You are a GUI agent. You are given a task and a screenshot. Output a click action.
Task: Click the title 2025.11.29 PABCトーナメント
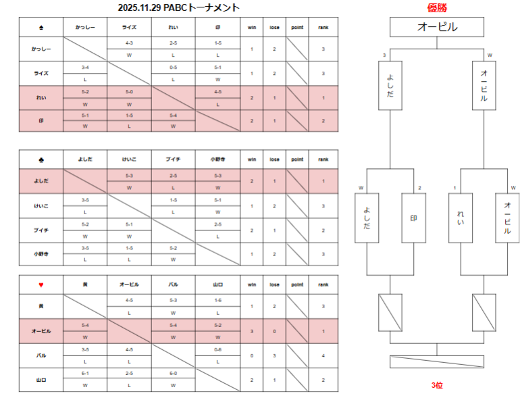pyautogui.click(x=178, y=7)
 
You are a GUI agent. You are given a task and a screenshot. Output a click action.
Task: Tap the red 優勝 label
pyautogui.click(x=437, y=7)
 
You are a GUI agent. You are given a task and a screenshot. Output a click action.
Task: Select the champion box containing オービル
pyautogui.click(x=437, y=27)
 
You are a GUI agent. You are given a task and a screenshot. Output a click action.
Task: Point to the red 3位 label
pyautogui.click(x=437, y=384)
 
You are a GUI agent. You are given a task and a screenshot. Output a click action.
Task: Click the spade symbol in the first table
pyautogui.click(x=41, y=28)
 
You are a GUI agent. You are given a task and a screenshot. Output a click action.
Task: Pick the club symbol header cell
pyautogui.click(x=41, y=159)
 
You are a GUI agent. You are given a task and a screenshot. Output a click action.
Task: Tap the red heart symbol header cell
pyautogui.click(x=41, y=284)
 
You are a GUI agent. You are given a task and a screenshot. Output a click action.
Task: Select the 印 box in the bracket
pyautogui.click(x=413, y=218)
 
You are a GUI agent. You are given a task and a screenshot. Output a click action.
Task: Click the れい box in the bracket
pyautogui.click(x=461, y=218)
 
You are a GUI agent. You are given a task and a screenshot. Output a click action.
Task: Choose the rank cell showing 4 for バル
pyautogui.click(x=323, y=355)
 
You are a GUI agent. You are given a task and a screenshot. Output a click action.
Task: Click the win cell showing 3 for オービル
pyautogui.click(x=252, y=331)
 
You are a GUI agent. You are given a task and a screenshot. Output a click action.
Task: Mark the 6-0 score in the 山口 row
pyautogui.click(x=174, y=373)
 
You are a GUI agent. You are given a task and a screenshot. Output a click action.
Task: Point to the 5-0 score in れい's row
pyautogui.click(x=129, y=91)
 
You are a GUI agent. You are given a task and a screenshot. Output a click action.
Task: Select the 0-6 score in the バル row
pyautogui.click(x=217, y=349)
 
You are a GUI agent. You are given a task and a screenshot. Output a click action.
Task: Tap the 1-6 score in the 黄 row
pyautogui.click(x=217, y=300)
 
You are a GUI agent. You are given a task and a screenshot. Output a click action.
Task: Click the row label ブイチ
pyautogui.click(x=41, y=230)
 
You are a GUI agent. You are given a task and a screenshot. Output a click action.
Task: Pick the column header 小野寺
pyautogui.click(x=217, y=159)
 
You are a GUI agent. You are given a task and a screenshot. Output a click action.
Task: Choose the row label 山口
pyautogui.click(x=41, y=380)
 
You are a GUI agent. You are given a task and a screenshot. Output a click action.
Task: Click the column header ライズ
pyautogui.click(x=129, y=28)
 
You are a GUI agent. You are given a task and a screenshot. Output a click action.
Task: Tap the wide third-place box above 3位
pyautogui.click(x=437, y=361)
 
